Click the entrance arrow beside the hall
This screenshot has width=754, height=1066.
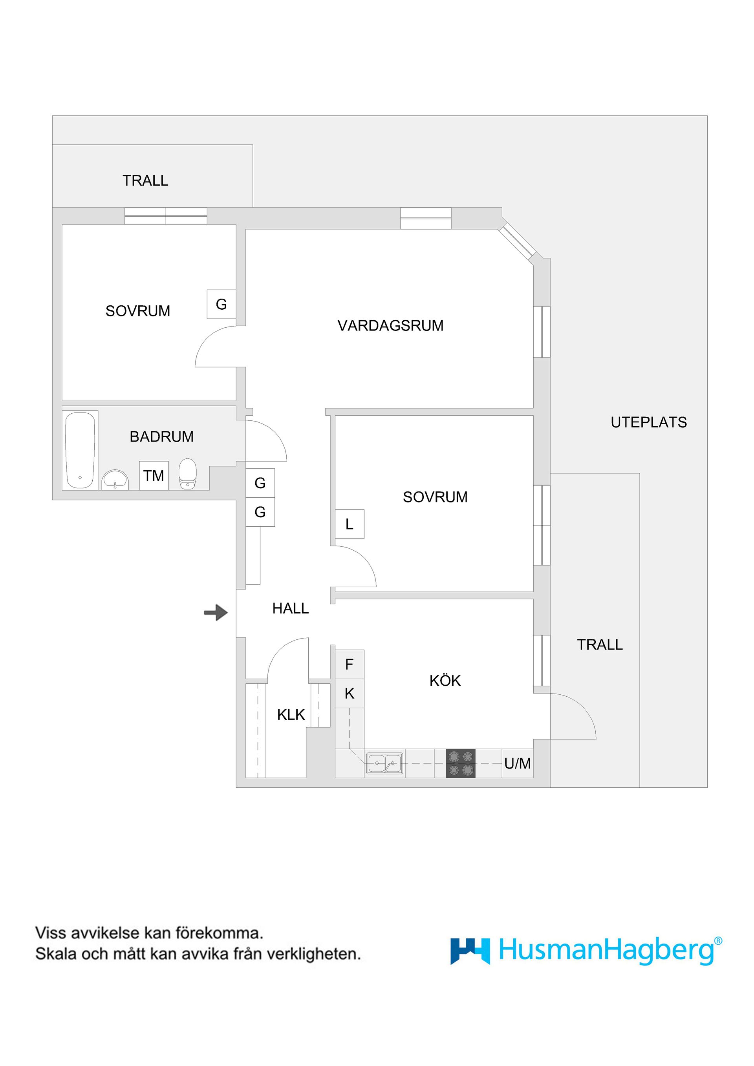216,612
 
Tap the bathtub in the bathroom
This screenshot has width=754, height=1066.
81,450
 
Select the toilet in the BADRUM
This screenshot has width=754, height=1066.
188,474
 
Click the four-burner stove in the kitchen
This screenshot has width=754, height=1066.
461,763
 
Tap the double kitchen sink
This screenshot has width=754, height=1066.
385,763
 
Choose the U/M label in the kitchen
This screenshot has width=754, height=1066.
518,763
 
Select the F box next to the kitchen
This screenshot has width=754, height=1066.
350,664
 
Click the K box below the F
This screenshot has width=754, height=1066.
350,693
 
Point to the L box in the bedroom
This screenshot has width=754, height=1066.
350,524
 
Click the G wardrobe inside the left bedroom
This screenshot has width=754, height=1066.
221,304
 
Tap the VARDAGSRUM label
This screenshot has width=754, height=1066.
391,325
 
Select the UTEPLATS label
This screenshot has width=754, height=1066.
648,422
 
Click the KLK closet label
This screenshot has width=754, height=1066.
291,715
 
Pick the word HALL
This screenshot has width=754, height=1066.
290,608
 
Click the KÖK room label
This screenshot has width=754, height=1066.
445,680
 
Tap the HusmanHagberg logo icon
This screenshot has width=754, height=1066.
470,952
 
